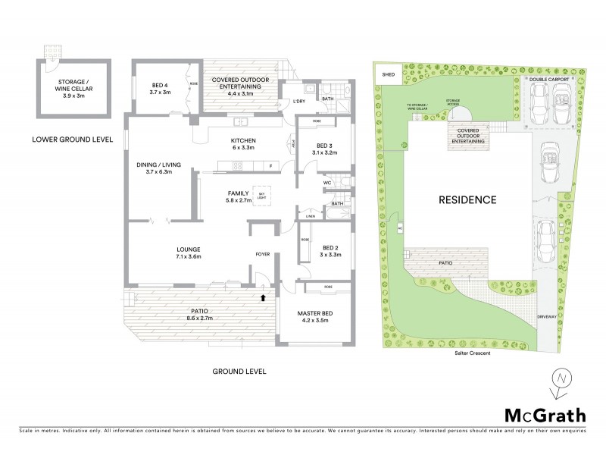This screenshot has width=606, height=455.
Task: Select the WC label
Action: (x=328, y=183)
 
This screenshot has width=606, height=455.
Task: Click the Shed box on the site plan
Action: (x=389, y=74)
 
